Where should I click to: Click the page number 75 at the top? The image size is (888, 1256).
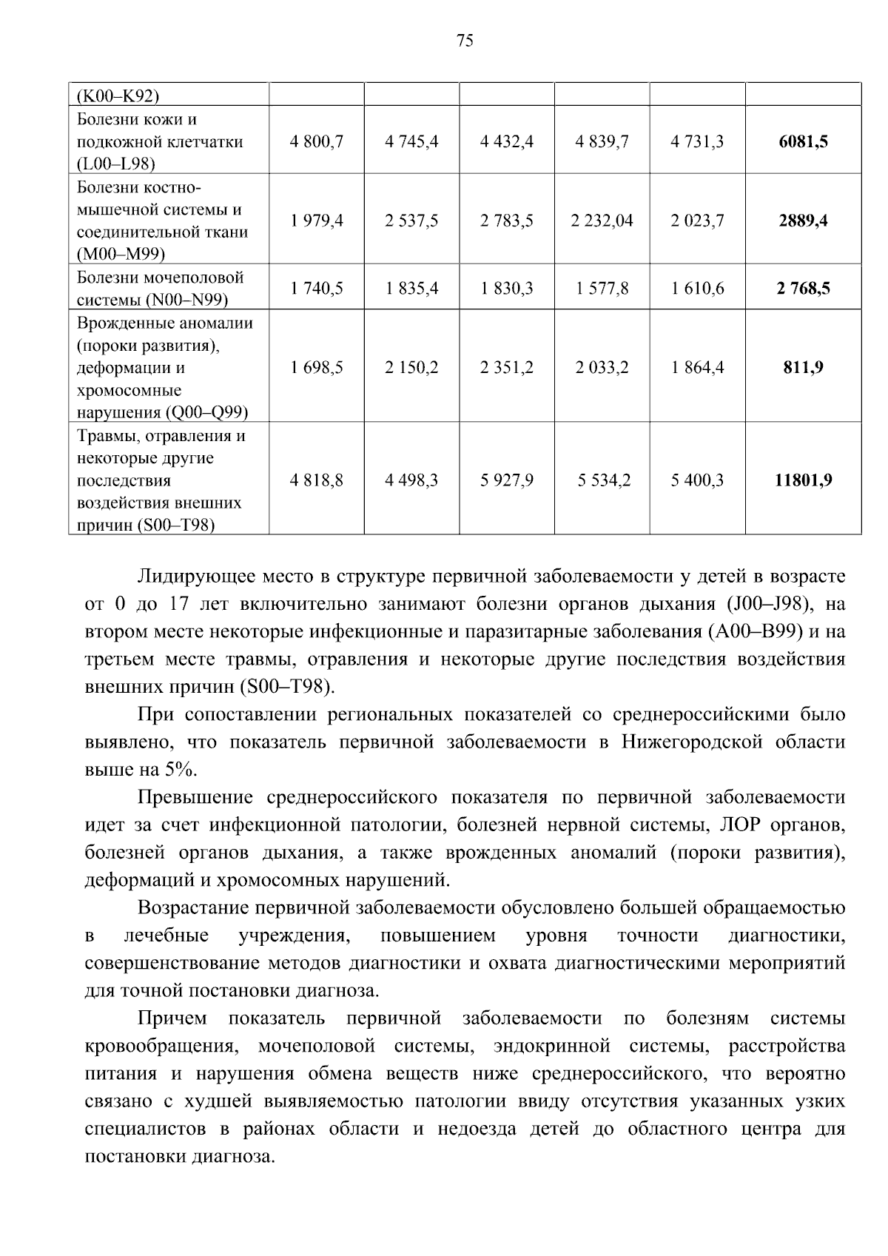[x=465, y=41]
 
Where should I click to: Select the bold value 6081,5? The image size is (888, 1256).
[x=803, y=141]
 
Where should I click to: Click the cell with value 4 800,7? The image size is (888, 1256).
[x=317, y=141]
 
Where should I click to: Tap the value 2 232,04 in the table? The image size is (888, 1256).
[x=602, y=221]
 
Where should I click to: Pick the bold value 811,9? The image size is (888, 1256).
[x=803, y=367]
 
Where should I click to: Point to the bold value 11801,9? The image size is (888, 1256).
[x=803, y=480]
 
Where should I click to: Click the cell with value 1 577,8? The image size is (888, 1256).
[x=602, y=288]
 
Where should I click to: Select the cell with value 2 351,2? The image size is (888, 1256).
[x=506, y=367]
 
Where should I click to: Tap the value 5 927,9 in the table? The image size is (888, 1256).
[x=506, y=480]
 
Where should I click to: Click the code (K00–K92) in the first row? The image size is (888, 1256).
[x=118, y=95]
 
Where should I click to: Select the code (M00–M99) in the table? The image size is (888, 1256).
[x=121, y=255]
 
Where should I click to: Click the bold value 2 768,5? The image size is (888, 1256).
[x=803, y=288]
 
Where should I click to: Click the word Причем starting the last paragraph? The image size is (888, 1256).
[x=172, y=1018]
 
